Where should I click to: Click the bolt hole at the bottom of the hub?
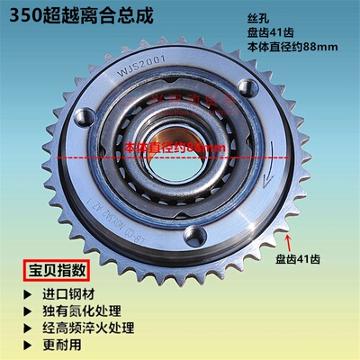coord(192,235)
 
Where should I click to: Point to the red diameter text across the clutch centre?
coord(171,145)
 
